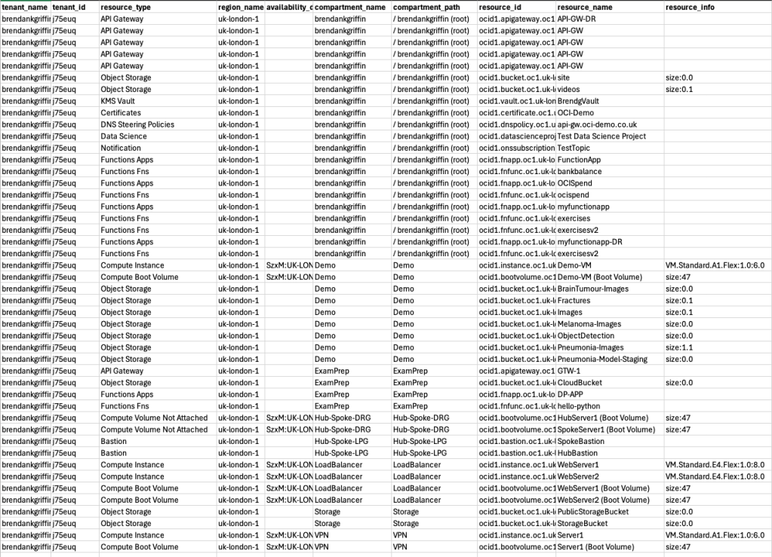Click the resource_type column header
click(x=126, y=7)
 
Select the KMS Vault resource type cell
click(x=118, y=101)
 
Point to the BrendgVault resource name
click(x=578, y=101)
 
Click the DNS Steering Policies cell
click(x=137, y=124)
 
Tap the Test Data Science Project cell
click(x=601, y=136)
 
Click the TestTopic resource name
click(x=574, y=148)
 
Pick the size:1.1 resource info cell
click(x=679, y=347)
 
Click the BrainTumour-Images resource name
click(x=592, y=289)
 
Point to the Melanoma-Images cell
click(x=586, y=324)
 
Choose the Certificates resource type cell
click(x=121, y=113)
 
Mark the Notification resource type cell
click(x=122, y=148)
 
